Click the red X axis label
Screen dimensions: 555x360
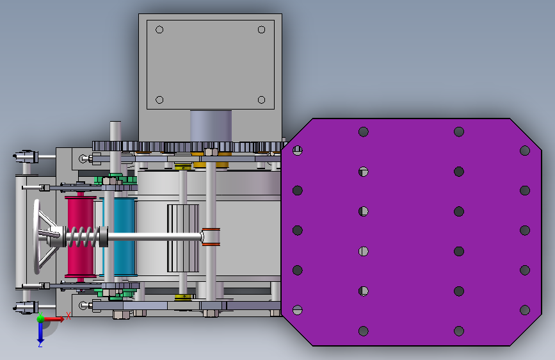[x=68, y=316]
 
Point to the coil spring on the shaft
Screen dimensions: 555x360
[x=83, y=236]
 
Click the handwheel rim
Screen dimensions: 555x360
[x=36, y=237]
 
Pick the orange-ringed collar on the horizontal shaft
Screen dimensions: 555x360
[x=211, y=237]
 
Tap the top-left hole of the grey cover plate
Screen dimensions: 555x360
[x=159, y=29]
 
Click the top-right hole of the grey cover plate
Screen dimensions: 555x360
[x=262, y=29]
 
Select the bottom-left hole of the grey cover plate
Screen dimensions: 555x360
[x=159, y=100]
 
